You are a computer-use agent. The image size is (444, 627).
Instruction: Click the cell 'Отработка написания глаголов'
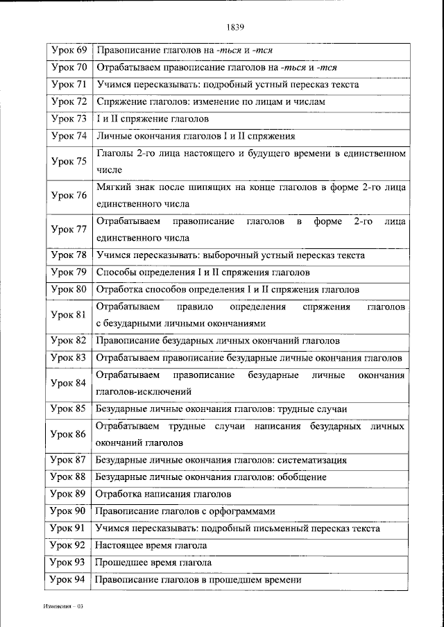[x=163, y=495]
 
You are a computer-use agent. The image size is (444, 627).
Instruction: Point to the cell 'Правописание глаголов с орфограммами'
[x=185, y=511]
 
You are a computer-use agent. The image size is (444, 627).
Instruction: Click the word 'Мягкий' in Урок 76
[x=112, y=187]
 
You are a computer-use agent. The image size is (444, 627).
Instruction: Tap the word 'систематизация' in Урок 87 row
[x=312, y=460]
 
